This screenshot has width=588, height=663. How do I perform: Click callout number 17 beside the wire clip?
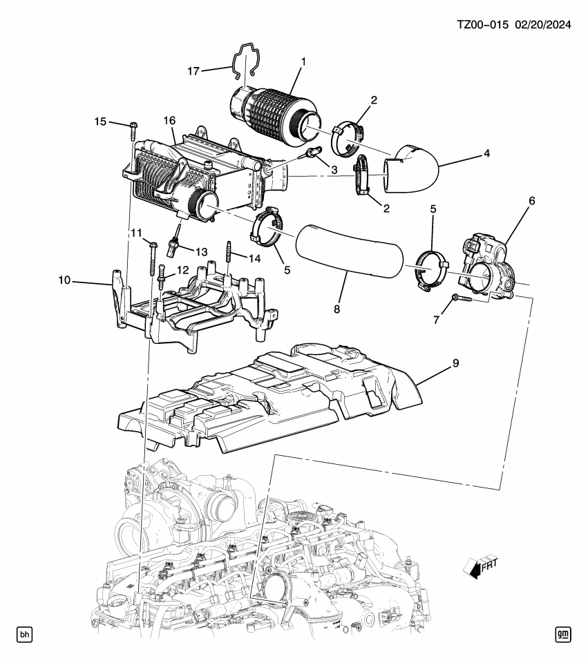[193, 71]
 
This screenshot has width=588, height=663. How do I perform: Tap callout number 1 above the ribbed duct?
[303, 61]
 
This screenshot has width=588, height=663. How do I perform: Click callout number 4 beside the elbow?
[486, 153]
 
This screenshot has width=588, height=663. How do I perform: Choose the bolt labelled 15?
[133, 131]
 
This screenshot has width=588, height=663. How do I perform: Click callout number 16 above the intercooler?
[169, 120]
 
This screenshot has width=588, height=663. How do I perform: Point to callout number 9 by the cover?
[455, 363]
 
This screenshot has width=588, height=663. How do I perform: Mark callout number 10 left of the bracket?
[64, 280]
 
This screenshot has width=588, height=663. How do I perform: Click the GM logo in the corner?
[563, 634]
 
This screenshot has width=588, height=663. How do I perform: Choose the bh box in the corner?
[25, 634]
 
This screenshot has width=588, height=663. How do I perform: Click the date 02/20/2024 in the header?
[542, 25]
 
